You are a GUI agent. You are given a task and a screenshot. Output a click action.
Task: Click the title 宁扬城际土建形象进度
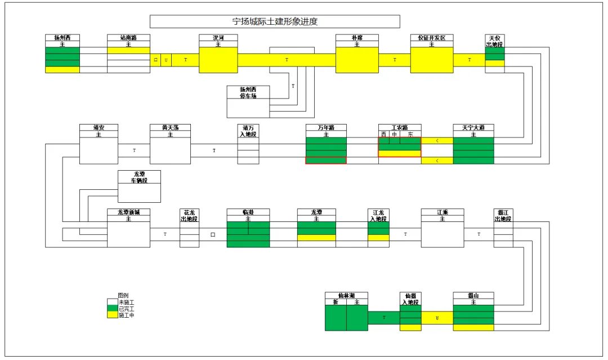click(275, 21)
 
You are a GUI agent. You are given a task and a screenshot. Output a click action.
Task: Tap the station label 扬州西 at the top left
click(62, 38)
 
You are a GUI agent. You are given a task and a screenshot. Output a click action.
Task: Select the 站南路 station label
click(129, 38)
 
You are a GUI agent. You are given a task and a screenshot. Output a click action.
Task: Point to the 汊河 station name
click(218, 38)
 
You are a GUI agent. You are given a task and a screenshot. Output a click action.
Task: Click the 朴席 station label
click(357, 38)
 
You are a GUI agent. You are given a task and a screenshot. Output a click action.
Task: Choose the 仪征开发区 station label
click(431, 38)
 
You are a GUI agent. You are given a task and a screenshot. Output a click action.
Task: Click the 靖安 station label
click(99, 127)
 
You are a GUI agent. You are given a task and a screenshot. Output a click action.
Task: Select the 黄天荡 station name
click(170, 127)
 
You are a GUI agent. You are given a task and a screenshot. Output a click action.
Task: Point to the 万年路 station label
click(326, 127)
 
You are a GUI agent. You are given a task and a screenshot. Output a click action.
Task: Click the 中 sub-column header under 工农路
click(395, 135)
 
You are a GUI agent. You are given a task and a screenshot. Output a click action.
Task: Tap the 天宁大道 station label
click(473, 127)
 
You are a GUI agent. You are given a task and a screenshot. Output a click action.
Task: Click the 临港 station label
click(248, 212)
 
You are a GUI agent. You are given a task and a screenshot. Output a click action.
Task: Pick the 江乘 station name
click(442, 212)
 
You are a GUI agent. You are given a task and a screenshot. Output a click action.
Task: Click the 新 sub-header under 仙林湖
click(336, 303)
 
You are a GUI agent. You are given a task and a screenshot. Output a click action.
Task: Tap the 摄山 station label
click(473, 295)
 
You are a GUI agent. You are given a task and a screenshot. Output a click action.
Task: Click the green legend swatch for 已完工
click(113, 309)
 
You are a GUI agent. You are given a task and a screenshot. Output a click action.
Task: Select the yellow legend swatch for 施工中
click(113, 315)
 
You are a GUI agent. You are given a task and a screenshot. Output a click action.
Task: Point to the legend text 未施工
click(126, 302)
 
